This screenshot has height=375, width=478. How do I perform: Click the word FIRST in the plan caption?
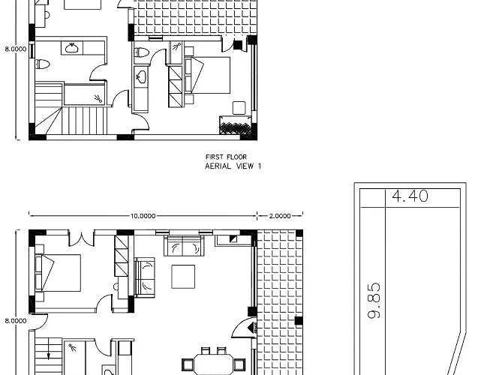(215, 157)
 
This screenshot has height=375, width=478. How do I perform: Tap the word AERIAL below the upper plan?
(218, 166)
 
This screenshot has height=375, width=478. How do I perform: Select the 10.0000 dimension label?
(143, 216)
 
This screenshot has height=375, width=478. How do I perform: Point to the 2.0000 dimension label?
(280, 216)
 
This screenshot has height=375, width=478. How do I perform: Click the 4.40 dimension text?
(410, 196)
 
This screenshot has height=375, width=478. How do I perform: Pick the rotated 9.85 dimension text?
(374, 301)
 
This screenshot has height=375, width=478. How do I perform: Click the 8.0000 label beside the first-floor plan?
(16, 49)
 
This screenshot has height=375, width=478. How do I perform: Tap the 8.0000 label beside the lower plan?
(16, 321)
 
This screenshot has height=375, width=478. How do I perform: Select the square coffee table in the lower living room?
(183, 277)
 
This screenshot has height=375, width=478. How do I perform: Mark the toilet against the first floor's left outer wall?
(43, 64)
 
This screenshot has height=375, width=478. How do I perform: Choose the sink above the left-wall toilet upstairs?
(72, 48)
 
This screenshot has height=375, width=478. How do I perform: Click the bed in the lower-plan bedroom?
(58, 273)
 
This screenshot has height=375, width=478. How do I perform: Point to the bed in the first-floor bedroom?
(207, 75)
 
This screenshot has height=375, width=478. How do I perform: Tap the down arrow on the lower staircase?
(48, 355)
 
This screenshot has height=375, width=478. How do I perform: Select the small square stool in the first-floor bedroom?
(239, 108)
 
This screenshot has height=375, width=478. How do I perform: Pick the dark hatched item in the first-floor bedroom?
(236, 125)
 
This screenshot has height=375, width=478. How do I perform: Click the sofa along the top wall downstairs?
(184, 246)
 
